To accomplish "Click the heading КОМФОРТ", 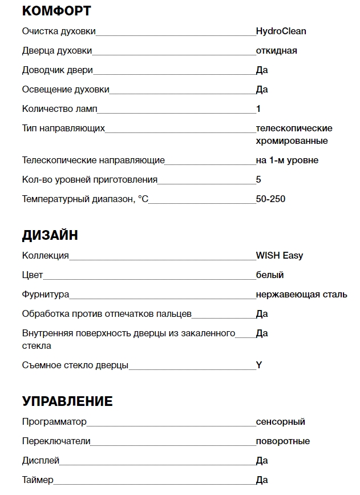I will coord(56,11).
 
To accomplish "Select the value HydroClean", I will coord(281,31).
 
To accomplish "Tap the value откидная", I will coord(277,51).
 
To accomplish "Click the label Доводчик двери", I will coord(57,70).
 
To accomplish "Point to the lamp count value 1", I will coord(258,108).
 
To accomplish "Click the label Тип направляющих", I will coord(63,128).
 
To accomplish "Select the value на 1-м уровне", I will coord(287,160).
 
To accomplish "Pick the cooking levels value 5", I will coord(258,180).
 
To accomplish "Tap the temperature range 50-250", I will coord(271,199).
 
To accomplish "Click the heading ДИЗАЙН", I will coord(50,235).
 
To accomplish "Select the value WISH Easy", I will coord(280,256).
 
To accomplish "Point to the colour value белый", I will coord(270,275).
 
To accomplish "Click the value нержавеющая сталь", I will coord(301,295).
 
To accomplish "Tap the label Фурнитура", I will coord(46,295).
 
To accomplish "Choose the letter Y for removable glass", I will coord(259,365).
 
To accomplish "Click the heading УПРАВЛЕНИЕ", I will coord(67,401).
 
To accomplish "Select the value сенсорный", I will coord(281,422).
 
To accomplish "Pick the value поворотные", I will coord(283,441).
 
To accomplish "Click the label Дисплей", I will coord(41,461).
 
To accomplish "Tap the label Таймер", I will coord(38,480).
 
